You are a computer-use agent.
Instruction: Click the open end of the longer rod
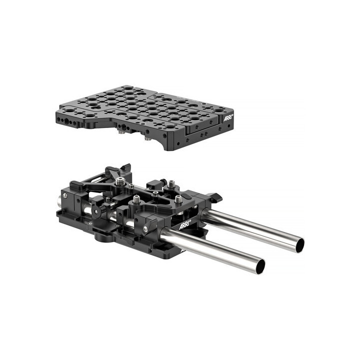coord(299,245)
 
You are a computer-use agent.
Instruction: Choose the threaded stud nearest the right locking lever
coord(178,199)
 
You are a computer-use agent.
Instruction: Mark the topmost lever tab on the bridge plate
coord(125,168)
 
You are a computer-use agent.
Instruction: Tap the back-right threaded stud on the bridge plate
coord(171,183)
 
